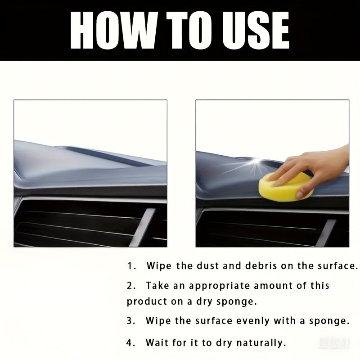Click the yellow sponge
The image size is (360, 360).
point(285,187)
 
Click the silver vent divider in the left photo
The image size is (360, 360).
point(143,227)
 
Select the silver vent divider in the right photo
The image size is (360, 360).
point(326,233)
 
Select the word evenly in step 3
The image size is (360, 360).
point(252,321)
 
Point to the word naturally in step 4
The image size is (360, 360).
point(261,343)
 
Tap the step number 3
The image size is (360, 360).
point(130,321)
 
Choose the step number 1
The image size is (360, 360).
point(131,266)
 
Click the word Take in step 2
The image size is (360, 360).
point(157,286)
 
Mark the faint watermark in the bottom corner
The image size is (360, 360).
point(334,344)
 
